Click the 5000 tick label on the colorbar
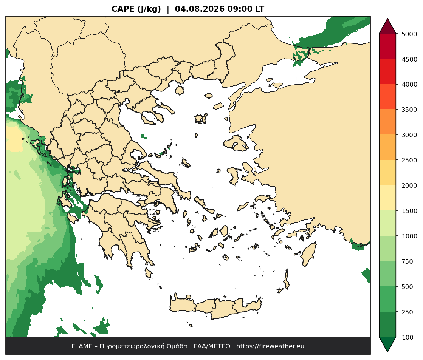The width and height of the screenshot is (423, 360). coord(409,34)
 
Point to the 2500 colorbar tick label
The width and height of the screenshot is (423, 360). coord(409,160)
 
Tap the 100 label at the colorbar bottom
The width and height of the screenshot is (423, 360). coord(408,337)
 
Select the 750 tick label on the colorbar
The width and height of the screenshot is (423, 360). coord(408,261)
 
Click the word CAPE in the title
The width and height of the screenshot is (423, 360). coord(123,9)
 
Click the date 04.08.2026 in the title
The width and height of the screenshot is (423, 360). coord(200,9)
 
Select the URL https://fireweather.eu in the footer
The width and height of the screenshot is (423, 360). coord(270,346)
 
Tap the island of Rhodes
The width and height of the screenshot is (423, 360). coord(308,254)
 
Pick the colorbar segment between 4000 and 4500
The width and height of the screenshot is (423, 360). coord(387,72)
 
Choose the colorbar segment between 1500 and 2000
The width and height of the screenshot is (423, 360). coord(387,198)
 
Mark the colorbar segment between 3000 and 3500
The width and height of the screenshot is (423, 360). coord(387,122)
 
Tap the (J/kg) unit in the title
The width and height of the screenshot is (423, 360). coord(149,9)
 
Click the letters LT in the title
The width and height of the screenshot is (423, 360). coord(260,9)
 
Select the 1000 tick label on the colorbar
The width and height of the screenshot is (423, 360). coord(409,236)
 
